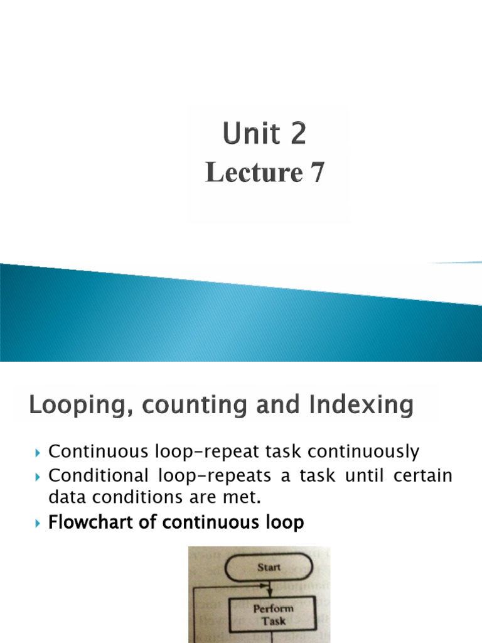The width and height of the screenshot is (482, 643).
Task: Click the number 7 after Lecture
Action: (x=316, y=172)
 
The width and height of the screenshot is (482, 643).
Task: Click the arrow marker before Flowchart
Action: (x=38, y=523)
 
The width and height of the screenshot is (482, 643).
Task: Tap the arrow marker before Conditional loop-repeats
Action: (x=38, y=476)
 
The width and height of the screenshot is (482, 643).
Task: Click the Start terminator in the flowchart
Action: (x=269, y=568)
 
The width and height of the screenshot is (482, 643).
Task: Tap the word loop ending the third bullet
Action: (x=284, y=522)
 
